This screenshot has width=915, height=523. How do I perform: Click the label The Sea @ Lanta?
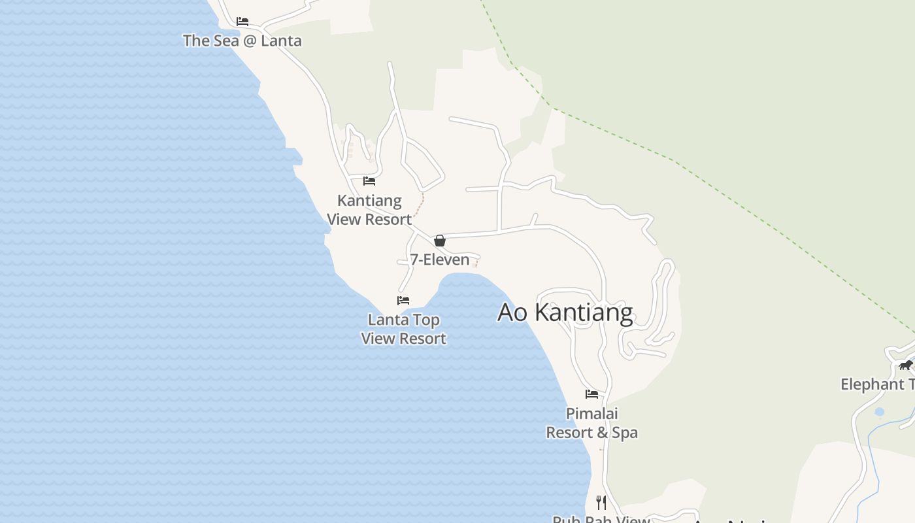242,41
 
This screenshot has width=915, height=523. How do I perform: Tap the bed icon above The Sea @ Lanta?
242,22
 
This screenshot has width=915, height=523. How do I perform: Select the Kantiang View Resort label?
369,210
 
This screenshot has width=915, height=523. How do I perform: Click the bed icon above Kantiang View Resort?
369,181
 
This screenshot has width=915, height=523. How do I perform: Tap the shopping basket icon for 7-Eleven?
440,241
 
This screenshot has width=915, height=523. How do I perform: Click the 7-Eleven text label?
440,260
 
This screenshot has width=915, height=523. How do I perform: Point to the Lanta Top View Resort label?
403,329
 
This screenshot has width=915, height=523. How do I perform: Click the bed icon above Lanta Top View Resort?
403,301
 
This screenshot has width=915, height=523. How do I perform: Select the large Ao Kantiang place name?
565,312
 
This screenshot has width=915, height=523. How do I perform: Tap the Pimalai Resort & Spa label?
591,423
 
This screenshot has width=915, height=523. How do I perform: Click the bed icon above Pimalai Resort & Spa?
591,394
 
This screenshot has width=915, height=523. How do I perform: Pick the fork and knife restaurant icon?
601,502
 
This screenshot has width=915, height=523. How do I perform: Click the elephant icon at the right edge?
905,365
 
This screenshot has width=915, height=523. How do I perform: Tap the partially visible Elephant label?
877,384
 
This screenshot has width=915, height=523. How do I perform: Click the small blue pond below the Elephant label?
879,412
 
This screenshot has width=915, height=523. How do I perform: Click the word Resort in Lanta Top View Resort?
422,339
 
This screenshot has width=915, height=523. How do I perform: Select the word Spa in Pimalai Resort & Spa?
625,433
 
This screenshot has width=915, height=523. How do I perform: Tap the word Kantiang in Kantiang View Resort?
369,201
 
